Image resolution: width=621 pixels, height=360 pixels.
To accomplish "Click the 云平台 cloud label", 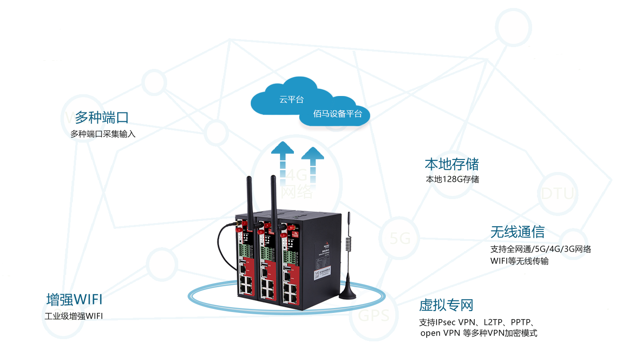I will [292, 100].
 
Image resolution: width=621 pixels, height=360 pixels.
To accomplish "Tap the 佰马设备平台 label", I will [337, 114].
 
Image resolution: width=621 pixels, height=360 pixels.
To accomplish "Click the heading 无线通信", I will [517, 232].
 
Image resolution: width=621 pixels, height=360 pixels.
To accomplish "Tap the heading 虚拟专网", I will [446, 305].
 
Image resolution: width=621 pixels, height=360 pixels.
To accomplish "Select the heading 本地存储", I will [452, 164].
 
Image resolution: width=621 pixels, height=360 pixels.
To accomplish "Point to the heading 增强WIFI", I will [74, 299].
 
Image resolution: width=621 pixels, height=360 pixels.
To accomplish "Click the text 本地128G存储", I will [452, 179].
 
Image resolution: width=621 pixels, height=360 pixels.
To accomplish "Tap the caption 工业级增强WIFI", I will [73, 316].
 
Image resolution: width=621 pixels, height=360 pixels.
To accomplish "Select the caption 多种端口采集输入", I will [102, 134].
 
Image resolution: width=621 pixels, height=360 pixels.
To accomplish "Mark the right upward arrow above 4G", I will [312, 160].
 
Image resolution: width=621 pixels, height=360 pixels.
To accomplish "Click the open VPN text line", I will [478, 333].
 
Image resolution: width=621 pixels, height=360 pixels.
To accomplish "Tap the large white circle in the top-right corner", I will [513, 28].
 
